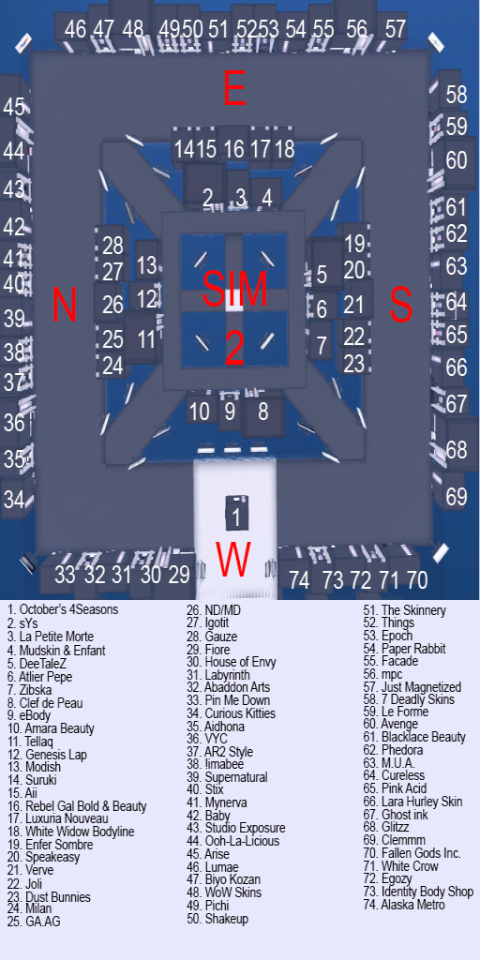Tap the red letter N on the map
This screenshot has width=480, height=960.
point(64,305)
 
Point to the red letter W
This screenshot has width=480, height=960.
point(233,560)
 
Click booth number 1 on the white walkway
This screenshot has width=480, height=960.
point(236,517)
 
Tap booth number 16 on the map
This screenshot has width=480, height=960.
point(234,149)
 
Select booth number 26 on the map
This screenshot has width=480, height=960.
point(112,305)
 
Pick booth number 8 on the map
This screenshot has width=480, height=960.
point(263,411)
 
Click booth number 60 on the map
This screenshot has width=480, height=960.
point(456,160)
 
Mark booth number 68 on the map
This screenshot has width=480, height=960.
point(456,450)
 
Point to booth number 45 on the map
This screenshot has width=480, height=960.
point(14,107)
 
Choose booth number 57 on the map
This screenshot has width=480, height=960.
point(396,28)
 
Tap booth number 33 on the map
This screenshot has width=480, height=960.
point(65,575)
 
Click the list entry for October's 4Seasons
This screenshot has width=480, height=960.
point(62,609)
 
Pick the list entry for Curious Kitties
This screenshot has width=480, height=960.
point(231,713)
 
